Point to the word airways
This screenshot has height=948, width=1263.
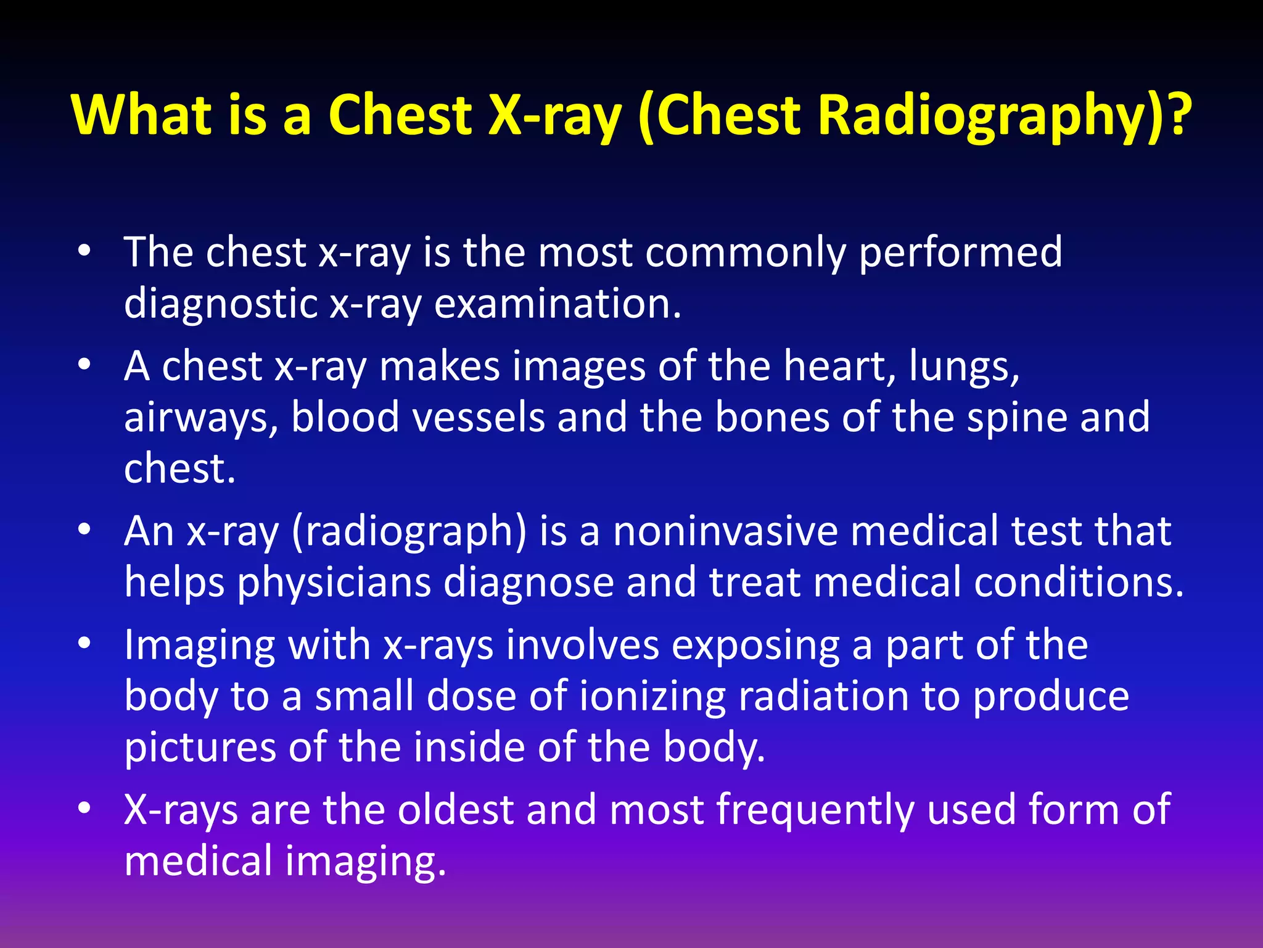[201, 418]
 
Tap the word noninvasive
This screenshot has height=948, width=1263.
[725, 531]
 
